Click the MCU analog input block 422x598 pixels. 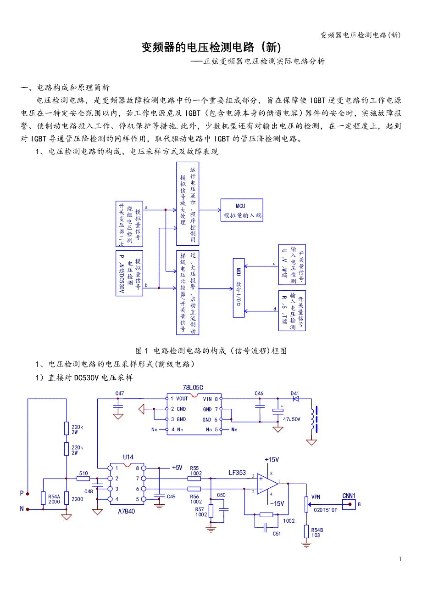coord(242,210)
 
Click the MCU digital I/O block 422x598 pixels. coord(239,288)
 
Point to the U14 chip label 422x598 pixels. coord(128,457)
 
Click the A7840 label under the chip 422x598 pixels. coord(126,511)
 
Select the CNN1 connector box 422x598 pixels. coord(349,504)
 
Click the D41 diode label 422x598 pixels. coord(294,393)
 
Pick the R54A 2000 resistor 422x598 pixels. coord(43,498)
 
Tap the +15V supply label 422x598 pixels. coord(272,460)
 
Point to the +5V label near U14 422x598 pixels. coord(177,468)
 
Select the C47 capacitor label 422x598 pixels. coord(119,393)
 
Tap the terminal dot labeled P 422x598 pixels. coord(28,494)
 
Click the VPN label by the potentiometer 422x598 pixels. coord(316,497)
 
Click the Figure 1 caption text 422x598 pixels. coord(211,351)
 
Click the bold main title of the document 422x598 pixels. coord(211,47)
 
